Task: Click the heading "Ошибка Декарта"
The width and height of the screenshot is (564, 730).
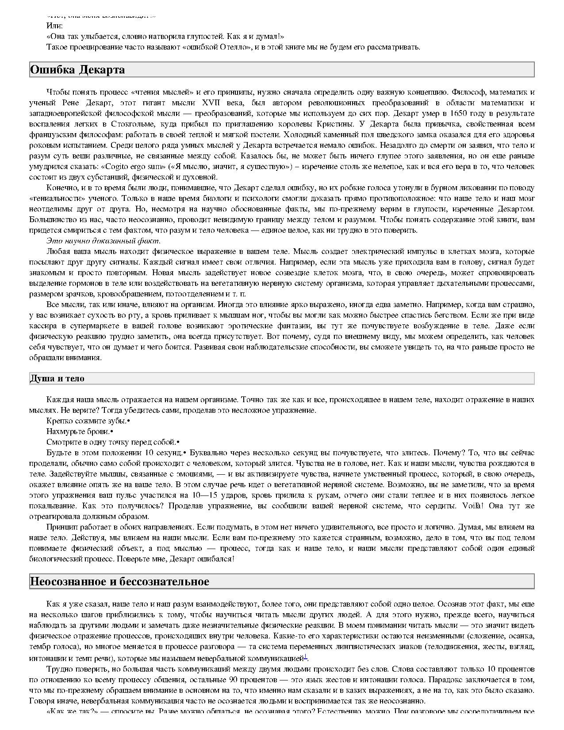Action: [x=77, y=70]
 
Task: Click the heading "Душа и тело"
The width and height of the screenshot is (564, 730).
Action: [x=57, y=379]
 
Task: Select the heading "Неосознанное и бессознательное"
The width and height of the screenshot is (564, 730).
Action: [x=119, y=581]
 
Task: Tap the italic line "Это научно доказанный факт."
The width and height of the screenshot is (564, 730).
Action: [x=104, y=241]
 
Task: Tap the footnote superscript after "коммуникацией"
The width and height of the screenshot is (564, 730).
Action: [x=305, y=657]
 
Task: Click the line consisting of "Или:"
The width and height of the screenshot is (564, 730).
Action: [x=54, y=26]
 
